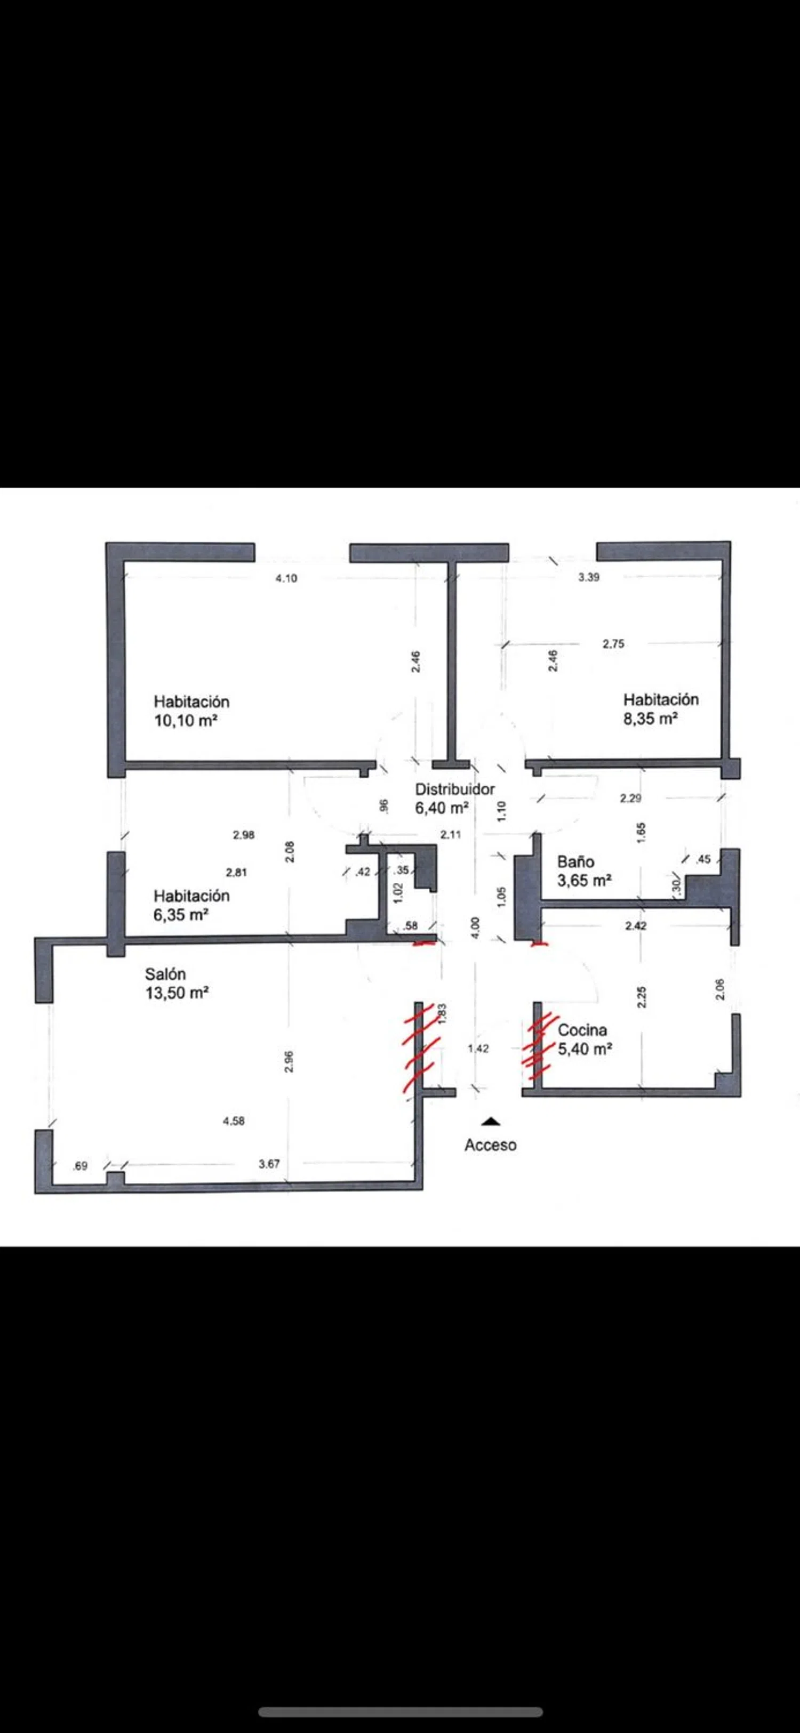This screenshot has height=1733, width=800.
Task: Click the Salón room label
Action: [165, 973]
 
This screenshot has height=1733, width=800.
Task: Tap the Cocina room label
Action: [582, 1030]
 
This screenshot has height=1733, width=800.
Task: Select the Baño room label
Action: [576, 862]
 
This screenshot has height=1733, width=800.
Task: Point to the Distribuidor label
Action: [455, 789]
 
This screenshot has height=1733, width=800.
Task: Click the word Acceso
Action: [491, 1145]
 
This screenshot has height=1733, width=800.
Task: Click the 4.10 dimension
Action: [286, 578]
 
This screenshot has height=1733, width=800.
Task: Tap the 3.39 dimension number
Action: [589, 577]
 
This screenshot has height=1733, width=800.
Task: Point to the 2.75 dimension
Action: [613, 644]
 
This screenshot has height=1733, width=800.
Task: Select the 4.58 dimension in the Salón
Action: [234, 1121]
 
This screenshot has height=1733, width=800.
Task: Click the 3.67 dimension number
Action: [269, 1164]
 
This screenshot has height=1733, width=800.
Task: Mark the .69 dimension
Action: [80, 1166]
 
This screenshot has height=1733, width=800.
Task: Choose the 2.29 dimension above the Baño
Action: [630, 799]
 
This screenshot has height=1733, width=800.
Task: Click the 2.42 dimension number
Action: [636, 926]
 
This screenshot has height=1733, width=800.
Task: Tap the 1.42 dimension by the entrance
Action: [478, 1048]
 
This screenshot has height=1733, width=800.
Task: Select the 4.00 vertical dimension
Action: [476, 928]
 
